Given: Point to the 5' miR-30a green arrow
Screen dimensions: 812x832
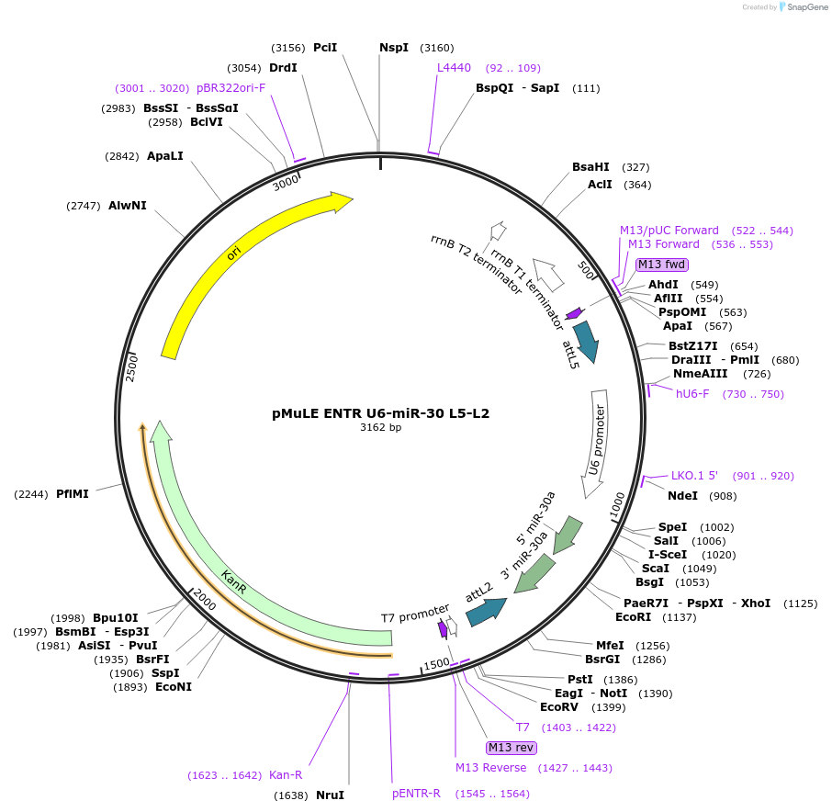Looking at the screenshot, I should pyautogui.click(x=568, y=535).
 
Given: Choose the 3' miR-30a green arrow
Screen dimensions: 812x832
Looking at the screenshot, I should pyautogui.click(x=535, y=574).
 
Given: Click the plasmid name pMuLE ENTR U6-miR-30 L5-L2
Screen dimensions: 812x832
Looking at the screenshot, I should pyautogui.click(x=380, y=413).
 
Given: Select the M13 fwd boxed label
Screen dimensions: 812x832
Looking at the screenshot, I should pyautogui.click(x=662, y=265).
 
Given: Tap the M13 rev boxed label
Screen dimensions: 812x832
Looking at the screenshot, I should pyautogui.click(x=512, y=747).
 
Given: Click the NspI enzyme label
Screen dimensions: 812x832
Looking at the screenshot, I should pyautogui.click(x=394, y=48).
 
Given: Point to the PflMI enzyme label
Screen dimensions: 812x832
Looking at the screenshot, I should pyautogui.click(x=73, y=494).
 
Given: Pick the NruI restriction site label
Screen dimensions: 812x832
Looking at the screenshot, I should pyautogui.click(x=330, y=795).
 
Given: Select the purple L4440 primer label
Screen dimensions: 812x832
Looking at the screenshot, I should pyautogui.click(x=454, y=68).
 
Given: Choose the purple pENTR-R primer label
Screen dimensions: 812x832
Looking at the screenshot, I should pyautogui.click(x=417, y=793).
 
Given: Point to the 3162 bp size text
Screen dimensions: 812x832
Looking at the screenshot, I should pyautogui.click(x=380, y=427).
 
